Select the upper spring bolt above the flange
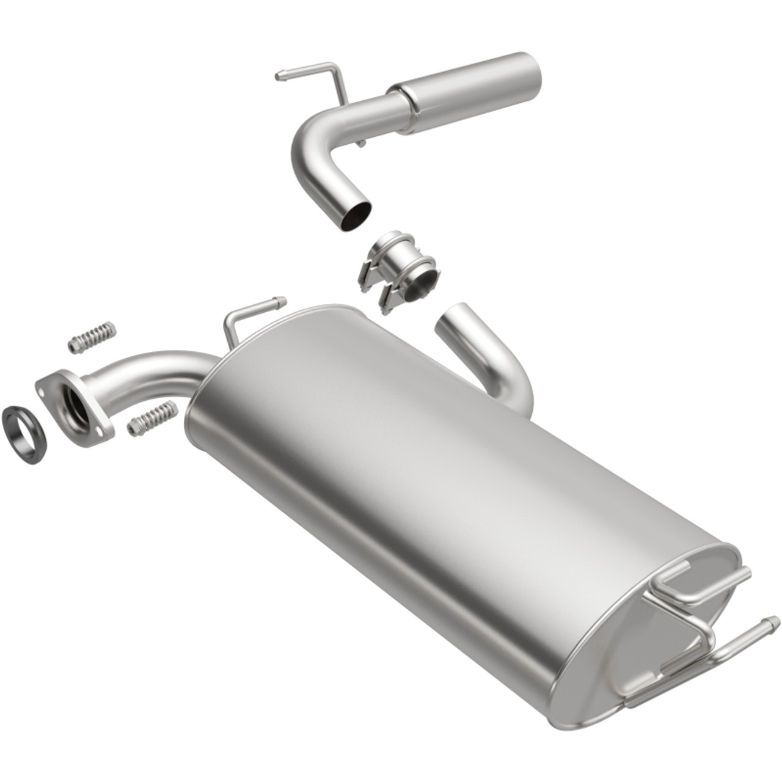92,335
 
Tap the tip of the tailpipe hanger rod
280,76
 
